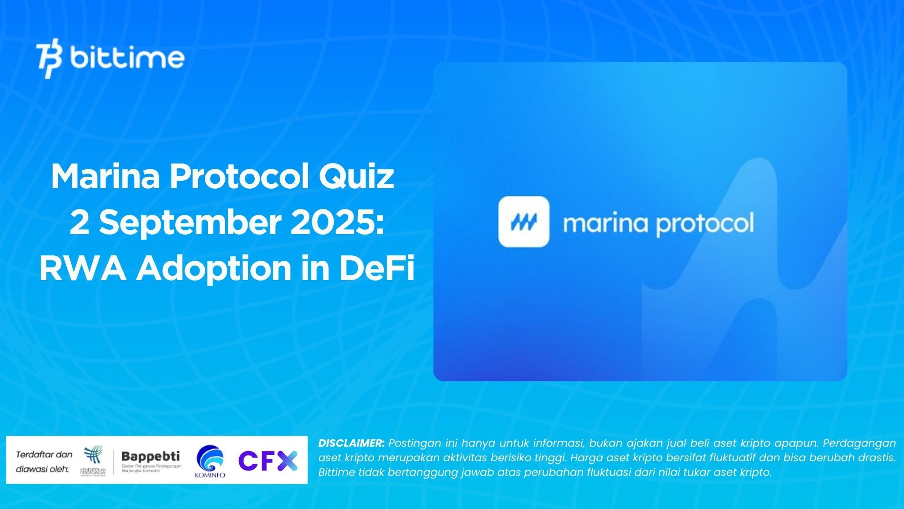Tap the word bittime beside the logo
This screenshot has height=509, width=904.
(x=127, y=58)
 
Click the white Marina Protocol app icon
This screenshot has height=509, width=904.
(x=524, y=221)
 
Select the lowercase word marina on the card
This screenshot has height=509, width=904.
(x=606, y=223)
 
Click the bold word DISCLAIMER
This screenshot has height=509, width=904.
(x=351, y=443)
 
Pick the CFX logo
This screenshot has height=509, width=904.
(x=268, y=461)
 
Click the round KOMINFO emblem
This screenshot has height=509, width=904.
(x=210, y=459)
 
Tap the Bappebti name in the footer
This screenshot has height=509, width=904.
(x=151, y=456)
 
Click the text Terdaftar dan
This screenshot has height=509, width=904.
(x=44, y=454)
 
